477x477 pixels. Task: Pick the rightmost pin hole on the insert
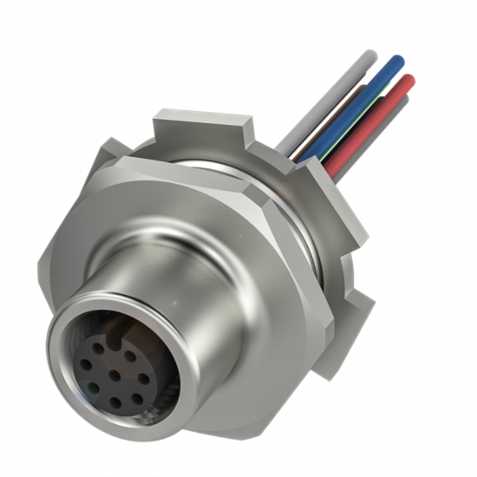(x=139, y=380)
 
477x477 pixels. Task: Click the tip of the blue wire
(x=397, y=62)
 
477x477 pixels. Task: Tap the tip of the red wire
(x=409, y=82)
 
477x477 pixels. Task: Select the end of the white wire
(x=371, y=56)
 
